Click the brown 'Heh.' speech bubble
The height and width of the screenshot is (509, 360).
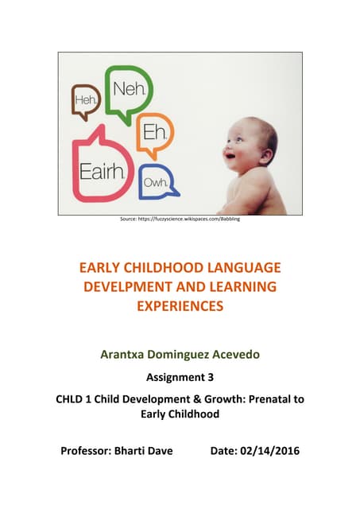point(86,99)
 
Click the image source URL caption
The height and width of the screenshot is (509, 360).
point(179,219)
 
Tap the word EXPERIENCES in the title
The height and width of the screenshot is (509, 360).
point(180,305)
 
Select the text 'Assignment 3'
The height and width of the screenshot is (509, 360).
point(180,380)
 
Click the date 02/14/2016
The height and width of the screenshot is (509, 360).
point(270,451)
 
